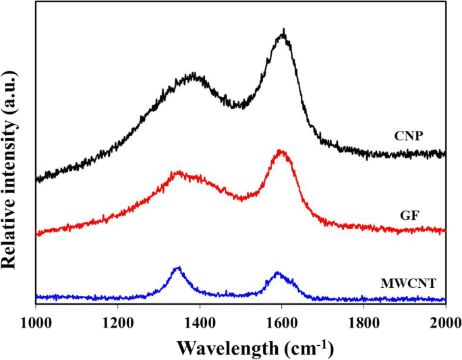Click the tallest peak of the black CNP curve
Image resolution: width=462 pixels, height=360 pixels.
point(284,31)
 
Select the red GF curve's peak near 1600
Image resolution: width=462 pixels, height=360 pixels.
point(281,152)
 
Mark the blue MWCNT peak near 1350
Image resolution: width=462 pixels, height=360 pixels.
point(178,268)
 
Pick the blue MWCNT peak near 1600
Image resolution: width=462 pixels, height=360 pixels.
point(277,274)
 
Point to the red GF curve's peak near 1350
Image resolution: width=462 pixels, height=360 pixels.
point(179,173)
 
